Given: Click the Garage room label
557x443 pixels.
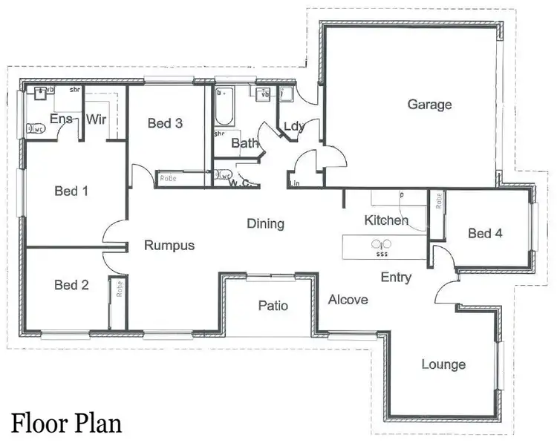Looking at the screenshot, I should pyautogui.click(x=429, y=105).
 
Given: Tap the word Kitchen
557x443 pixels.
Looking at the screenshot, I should pyautogui.click(x=386, y=220).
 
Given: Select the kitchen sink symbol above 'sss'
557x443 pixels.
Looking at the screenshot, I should pyautogui.click(x=381, y=243).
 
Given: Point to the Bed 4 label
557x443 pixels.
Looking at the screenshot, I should pyautogui.click(x=485, y=233).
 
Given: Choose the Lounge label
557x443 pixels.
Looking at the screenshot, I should pyautogui.click(x=443, y=364).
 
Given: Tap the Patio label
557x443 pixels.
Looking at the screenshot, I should pyautogui.click(x=273, y=306).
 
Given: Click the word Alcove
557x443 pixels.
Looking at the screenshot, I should pyautogui.click(x=348, y=300).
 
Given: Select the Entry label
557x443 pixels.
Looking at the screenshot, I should pyautogui.click(x=396, y=278).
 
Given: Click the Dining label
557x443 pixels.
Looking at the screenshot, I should pyautogui.click(x=265, y=223).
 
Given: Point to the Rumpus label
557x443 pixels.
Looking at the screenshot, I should pyautogui.click(x=169, y=246).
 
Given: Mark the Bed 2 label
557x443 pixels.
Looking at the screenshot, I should pyautogui.click(x=71, y=284).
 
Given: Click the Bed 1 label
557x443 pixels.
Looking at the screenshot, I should pyautogui.click(x=71, y=191).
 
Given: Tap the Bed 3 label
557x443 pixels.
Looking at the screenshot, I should pyautogui.click(x=165, y=123).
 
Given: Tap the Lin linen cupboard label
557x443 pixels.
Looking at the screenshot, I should pyautogui.click(x=295, y=183).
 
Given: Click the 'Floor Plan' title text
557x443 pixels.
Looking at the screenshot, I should pyautogui.click(x=66, y=423).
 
